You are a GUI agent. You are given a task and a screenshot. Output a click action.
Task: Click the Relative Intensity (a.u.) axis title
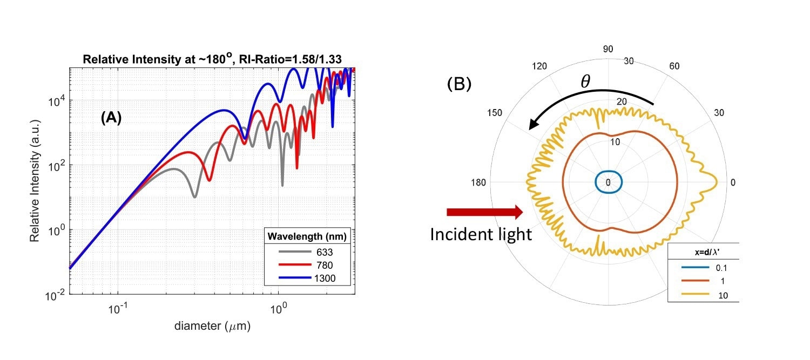click(x=36, y=181)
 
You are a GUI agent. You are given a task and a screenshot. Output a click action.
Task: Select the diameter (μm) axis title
click(x=212, y=326)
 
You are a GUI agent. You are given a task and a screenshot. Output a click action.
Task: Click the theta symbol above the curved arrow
click(x=585, y=81)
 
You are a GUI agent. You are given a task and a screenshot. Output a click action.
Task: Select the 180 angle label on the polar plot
click(x=480, y=182)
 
